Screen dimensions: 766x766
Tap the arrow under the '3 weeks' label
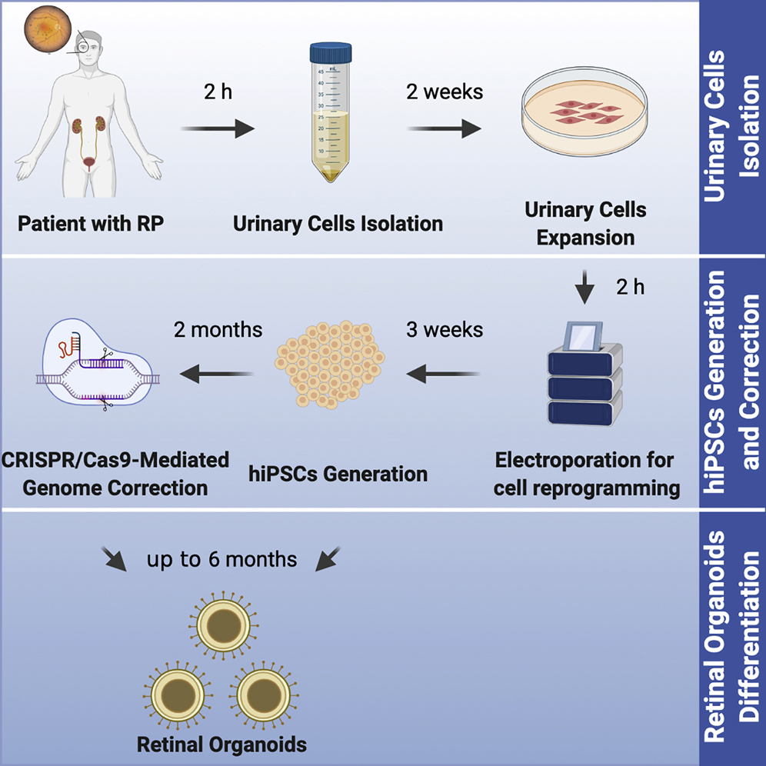(444, 375)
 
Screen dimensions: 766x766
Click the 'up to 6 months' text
(221, 559)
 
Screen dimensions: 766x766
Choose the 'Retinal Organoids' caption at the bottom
(221, 744)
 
